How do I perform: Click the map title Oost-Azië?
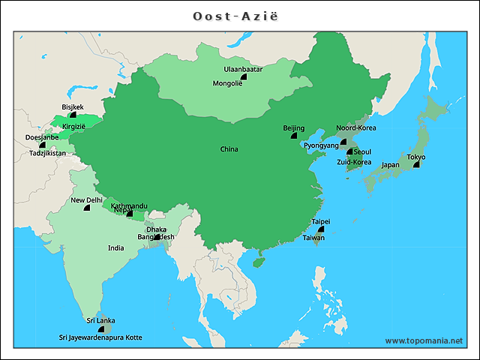click(239, 16)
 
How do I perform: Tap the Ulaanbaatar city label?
click(242, 69)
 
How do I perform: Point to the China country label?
click(229, 149)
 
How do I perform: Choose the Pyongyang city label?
click(322, 145)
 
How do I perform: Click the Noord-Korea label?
click(356, 128)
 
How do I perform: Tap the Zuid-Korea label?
click(353, 162)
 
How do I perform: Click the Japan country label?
click(390, 165)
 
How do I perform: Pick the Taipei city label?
click(321, 221)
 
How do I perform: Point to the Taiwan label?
click(313, 238)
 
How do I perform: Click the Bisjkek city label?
click(73, 107)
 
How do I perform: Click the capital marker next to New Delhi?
click(87, 207)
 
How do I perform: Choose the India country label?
click(115, 247)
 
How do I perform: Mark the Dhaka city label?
click(157, 229)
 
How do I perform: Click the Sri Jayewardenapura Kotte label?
click(100, 337)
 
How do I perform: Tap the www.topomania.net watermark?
click(424, 340)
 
